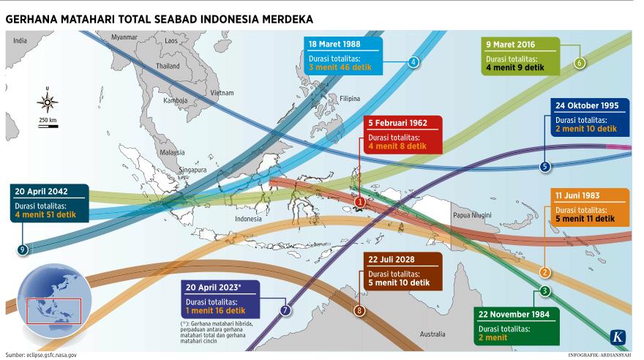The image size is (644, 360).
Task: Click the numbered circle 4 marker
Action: [413, 62]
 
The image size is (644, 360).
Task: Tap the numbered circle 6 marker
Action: [580, 63]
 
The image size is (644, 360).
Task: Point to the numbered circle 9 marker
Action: [23, 250]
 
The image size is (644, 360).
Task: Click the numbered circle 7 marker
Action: [285, 310]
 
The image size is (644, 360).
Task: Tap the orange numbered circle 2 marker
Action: [544, 273]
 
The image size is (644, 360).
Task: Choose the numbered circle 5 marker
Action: [544, 167]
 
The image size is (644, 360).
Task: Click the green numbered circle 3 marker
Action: [544, 291]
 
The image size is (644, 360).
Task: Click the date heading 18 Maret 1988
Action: [337, 44]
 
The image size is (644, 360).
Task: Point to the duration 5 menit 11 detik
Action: [585, 219]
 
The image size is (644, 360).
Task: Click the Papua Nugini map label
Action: [471, 215]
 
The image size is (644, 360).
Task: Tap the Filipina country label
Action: [350, 98]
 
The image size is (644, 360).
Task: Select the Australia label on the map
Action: [432, 334]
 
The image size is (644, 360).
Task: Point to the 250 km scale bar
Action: [48, 126]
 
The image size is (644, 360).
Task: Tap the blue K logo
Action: [618, 337]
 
